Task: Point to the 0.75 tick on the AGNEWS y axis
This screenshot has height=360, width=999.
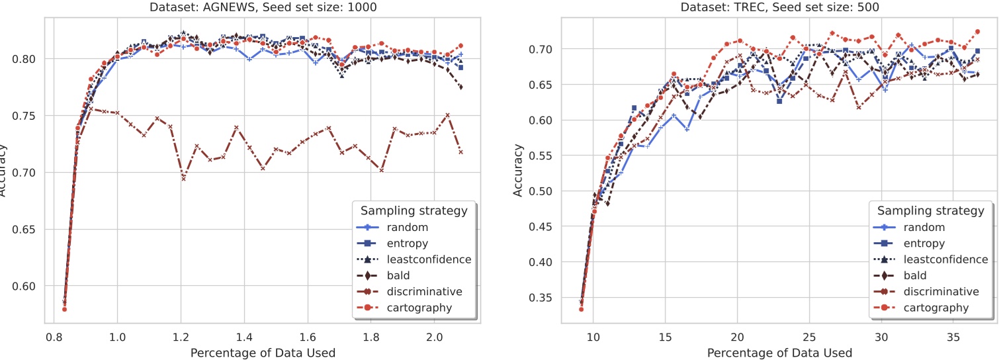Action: pos(27,116)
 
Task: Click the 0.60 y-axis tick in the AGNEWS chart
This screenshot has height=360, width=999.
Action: pos(27,287)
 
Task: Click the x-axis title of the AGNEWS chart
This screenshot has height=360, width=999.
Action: pos(263,352)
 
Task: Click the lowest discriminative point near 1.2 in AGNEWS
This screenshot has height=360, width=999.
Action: pos(183,179)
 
